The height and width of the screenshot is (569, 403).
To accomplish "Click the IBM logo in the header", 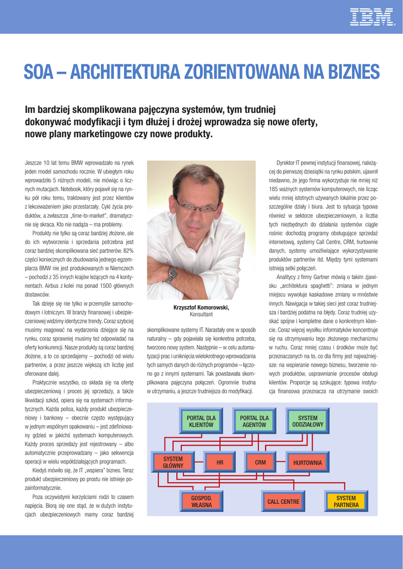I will point(371,17).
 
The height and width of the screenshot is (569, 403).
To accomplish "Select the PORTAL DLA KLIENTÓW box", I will point(201,421).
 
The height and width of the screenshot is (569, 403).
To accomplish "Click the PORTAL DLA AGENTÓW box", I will point(254,421).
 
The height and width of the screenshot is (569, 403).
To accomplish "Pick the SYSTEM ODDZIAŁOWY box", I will point(307,421).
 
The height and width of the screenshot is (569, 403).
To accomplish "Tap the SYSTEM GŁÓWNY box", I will point(173,462).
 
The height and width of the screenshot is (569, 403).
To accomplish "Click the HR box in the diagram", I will point(220,462).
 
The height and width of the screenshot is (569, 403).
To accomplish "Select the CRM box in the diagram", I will point(260,462).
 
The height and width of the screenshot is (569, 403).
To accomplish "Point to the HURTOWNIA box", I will point(307,462).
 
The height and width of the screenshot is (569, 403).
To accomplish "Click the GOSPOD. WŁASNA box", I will point(201,502).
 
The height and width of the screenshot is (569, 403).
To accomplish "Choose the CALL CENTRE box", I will point(283,502).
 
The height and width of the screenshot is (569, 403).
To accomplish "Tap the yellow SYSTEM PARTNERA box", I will point(346,502).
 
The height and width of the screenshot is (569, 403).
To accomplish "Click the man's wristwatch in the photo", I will point(172,274).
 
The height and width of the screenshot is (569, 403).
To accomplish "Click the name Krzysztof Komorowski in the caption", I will point(201,308).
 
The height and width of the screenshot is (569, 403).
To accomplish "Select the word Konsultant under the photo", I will point(201,315).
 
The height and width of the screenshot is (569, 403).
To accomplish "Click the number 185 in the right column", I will point(274,188).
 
